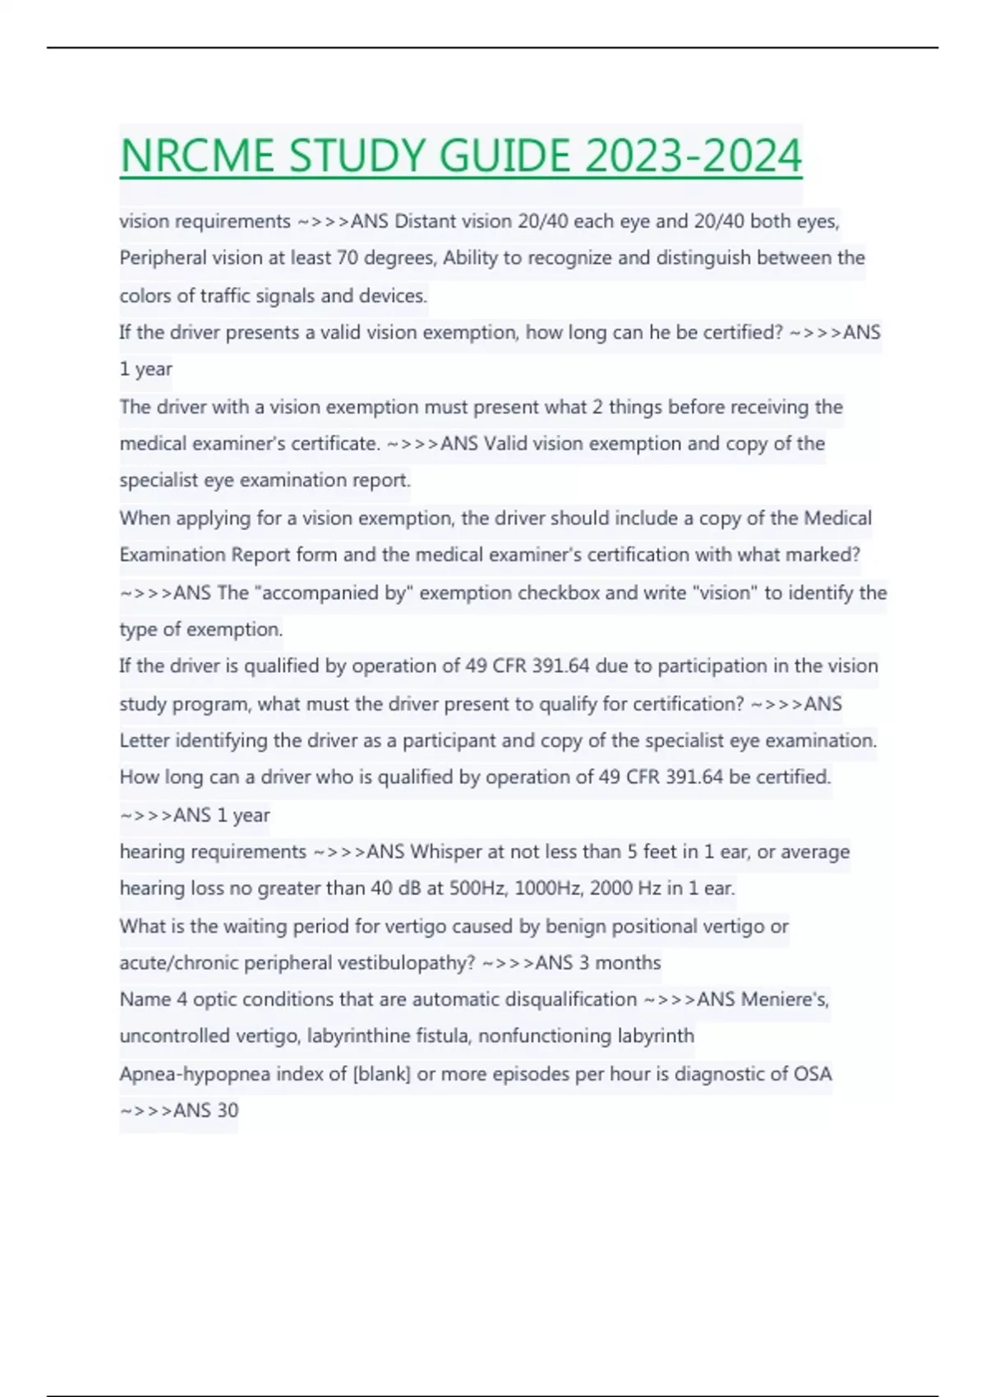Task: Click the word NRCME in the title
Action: click(x=197, y=156)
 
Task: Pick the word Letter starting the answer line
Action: click(x=144, y=740)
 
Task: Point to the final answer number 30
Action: click(x=227, y=1111)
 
